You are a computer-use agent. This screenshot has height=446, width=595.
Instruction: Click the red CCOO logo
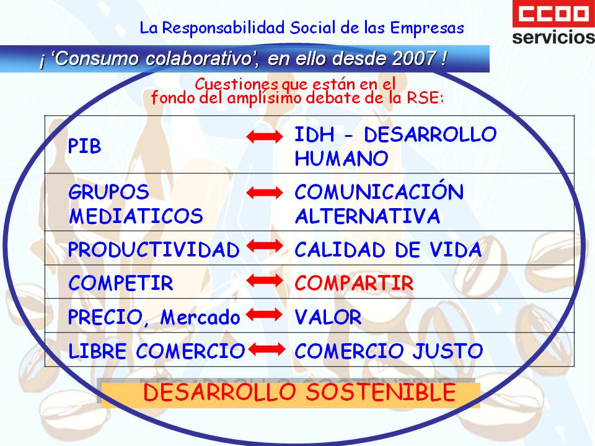point(553,14)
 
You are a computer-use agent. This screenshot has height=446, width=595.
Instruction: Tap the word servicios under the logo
point(553,37)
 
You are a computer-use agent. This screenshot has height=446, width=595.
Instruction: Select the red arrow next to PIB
point(265,136)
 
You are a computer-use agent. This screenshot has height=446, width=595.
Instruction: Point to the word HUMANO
point(342,158)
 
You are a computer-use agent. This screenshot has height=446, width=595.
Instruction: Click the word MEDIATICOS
point(136,216)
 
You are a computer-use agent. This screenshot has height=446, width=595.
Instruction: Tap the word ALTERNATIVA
point(368,216)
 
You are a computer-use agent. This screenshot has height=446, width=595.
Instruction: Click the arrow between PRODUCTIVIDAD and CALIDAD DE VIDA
point(265,246)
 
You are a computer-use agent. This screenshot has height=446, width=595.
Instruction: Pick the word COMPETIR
point(121,283)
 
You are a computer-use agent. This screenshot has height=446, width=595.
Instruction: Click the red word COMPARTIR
point(354,283)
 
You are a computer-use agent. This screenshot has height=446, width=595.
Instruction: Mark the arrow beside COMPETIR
point(265,281)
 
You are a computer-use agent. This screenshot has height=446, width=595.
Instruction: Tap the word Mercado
point(200,317)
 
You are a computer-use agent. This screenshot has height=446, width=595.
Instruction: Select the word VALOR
point(328,317)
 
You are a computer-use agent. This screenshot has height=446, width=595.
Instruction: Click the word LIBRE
point(97,351)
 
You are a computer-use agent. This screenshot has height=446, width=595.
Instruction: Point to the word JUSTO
point(447,351)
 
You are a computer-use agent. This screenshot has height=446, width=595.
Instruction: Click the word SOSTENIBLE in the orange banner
point(381,392)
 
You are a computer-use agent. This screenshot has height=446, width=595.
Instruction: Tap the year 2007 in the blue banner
point(414,58)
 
